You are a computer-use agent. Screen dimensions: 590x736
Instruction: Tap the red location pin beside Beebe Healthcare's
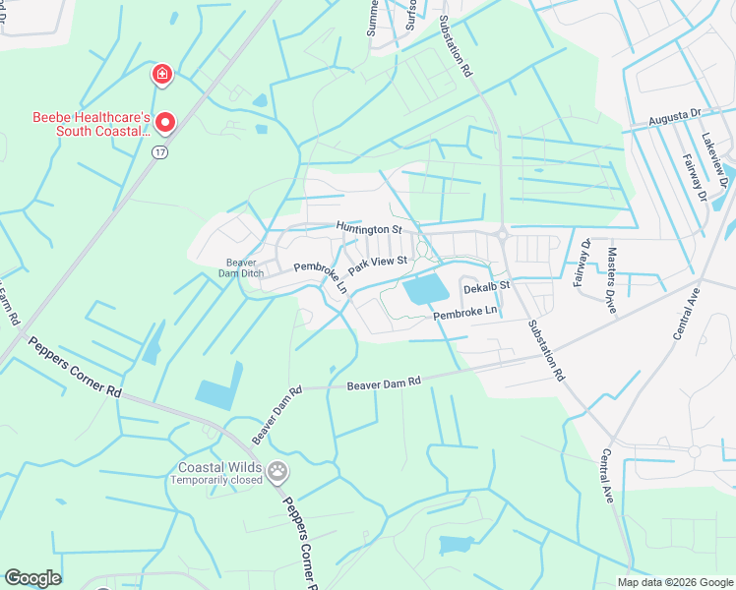[x=165, y=123]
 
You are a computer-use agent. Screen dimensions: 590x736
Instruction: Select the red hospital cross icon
[x=161, y=74]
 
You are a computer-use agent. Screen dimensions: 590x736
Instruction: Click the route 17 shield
[x=158, y=152]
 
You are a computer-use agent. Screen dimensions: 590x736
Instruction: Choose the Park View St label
[x=377, y=263]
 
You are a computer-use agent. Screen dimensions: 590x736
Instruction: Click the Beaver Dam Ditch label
[x=241, y=267]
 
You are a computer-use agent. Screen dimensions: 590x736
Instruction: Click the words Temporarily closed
[x=216, y=481]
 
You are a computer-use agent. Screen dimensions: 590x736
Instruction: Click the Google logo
[x=32, y=578]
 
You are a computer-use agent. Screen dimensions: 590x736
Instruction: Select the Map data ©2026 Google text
[x=674, y=582]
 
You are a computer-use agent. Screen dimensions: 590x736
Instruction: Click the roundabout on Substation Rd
[x=501, y=235]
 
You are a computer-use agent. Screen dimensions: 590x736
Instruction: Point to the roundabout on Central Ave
[x=694, y=451]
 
